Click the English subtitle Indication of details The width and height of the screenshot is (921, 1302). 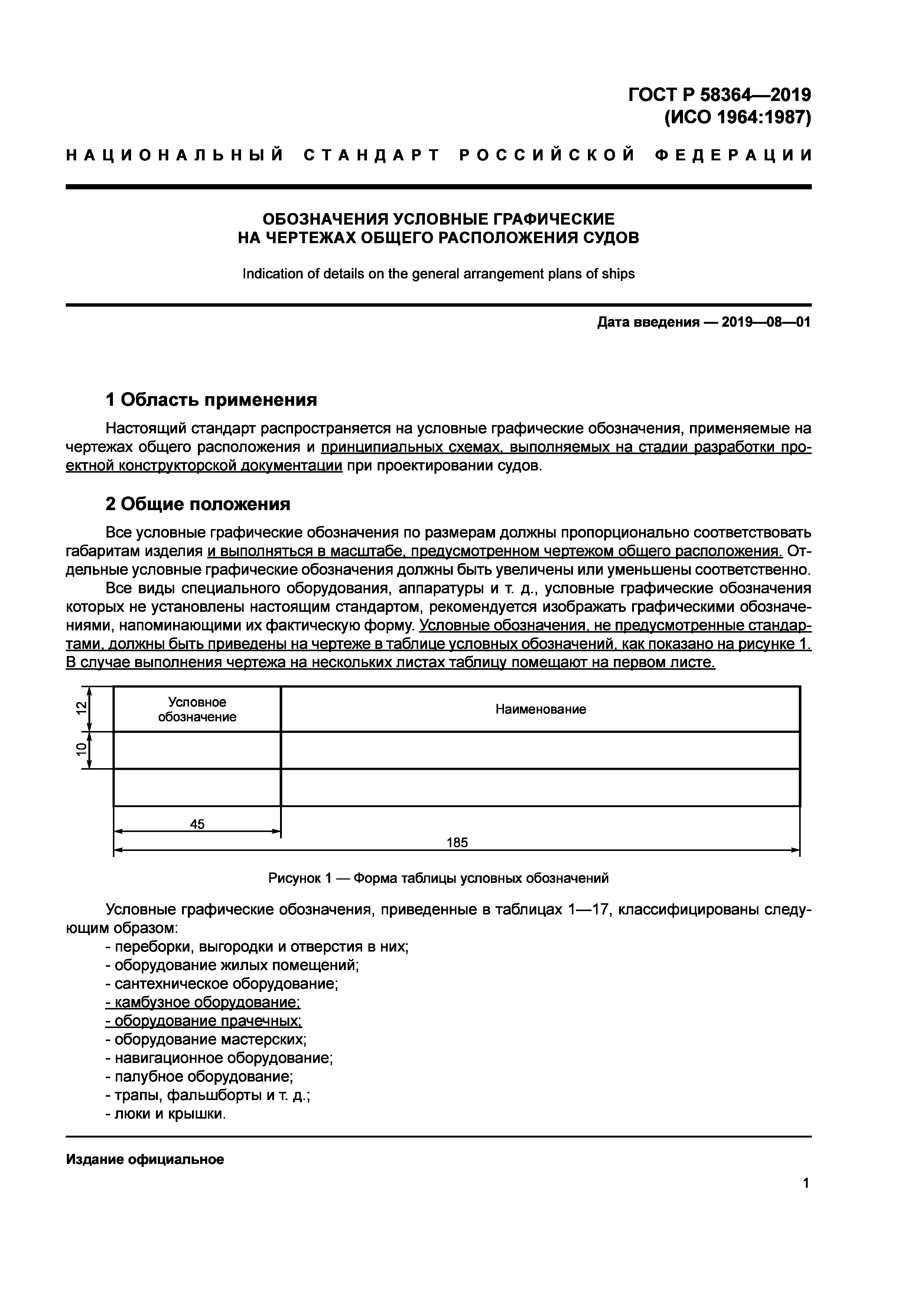pyautogui.click(x=438, y=274)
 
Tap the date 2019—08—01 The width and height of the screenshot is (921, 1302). pyautogui.click(x=766, y=323)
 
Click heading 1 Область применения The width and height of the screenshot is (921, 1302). pyautogui.click(x=211, y=400)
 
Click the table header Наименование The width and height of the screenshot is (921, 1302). pyautogui.click(x=540, y=709)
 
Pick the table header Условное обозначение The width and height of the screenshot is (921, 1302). pyautogui.click(x=197, y=709)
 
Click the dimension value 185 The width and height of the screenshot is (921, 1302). pyautogui.click(x=457, y=843)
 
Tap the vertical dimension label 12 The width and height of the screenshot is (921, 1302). pyautogui.click(x=82, y=707)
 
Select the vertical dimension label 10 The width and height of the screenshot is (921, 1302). pyautogui.click(x=82, y=749)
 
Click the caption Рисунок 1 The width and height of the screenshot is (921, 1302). pyautogui.click(x=438, y=878)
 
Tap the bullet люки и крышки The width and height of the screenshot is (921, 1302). pyautogui.click(x=166, y=1114)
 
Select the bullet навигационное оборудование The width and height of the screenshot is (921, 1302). pyautogui.click(x=219, y=1058)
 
